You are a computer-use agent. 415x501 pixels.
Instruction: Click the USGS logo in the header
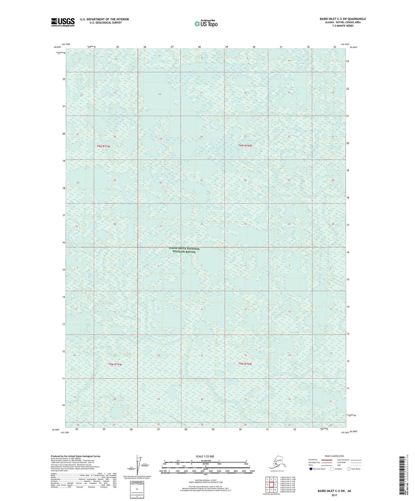tap(63, 22)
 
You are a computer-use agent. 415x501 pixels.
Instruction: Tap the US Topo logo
tap(206, 24)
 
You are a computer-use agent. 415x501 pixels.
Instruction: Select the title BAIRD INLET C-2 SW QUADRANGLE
tap(343, 19)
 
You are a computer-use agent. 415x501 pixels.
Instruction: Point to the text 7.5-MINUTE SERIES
tap(343, 26)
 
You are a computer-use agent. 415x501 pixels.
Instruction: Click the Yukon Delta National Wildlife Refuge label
tap(184, 250)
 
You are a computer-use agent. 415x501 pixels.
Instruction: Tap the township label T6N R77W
tap(103, 146)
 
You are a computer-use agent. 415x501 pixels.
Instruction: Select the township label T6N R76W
tap(245, 145)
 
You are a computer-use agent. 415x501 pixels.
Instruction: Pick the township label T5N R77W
tap(115, 364)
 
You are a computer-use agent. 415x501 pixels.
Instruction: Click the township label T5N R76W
tap(245, 364)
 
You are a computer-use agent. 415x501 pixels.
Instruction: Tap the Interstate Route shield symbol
tap(311, 469)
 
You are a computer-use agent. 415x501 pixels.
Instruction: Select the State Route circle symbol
tap(349, 469)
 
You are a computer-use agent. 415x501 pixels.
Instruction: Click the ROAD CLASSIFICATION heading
tap(334, 456)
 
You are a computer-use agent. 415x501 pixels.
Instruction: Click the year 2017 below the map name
tap(334, 495)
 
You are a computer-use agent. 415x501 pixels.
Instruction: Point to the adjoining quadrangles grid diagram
tap(271, 485)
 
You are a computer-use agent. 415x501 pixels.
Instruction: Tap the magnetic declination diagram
tap(137, 465)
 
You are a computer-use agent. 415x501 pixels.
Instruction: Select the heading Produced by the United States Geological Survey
tap(76, 456)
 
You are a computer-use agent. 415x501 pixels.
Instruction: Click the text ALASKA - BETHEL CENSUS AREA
tap(343, 22)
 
